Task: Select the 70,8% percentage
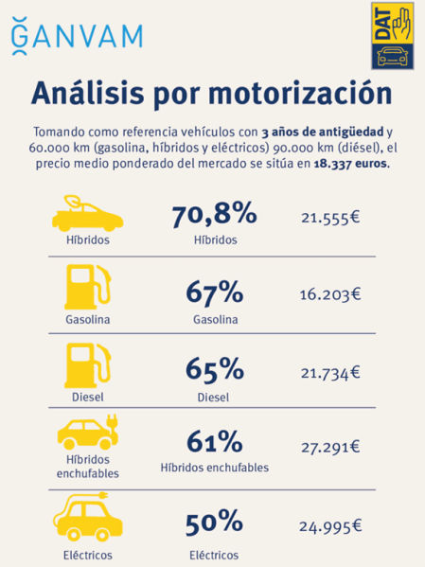[214, 216]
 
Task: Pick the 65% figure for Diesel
[214, 368]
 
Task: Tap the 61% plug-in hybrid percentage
[214, 442]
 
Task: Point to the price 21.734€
[330, 372]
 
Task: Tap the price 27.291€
[330, 447]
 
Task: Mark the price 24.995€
[330, 523]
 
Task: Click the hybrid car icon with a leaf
[88, 214]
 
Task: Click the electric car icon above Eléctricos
[88, 516]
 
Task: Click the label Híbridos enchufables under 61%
[214, 468]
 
